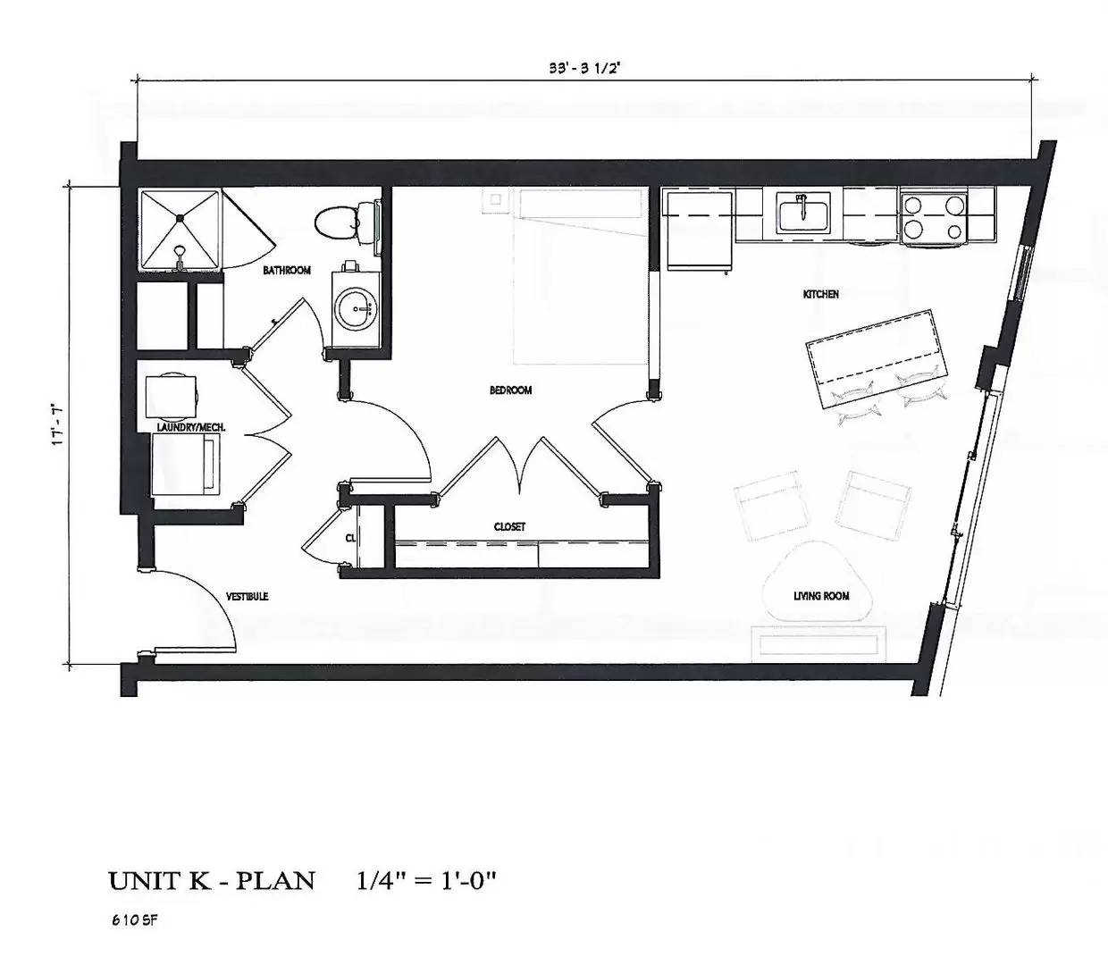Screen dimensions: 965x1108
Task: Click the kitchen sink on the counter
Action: (x=802, y=214)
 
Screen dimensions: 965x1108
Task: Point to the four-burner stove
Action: (x=934, y=216)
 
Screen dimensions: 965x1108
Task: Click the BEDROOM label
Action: (x=511, y=390)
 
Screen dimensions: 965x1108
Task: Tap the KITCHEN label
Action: (x=820, y=294)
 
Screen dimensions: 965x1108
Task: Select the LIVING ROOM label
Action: (x=821, y=596)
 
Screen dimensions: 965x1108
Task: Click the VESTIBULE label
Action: (x=247, y=596)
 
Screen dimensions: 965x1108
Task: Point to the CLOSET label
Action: (x=509, y=527)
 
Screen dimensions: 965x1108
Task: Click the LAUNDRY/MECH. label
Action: (x=190, y=428)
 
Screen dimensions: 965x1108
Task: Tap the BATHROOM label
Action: (x=286, y=270)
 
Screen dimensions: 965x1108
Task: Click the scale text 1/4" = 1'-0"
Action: (x=425, y=880)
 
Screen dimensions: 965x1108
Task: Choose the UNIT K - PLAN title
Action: (x=212, y=880)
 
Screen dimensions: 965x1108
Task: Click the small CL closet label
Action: (x=350, y=538)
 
